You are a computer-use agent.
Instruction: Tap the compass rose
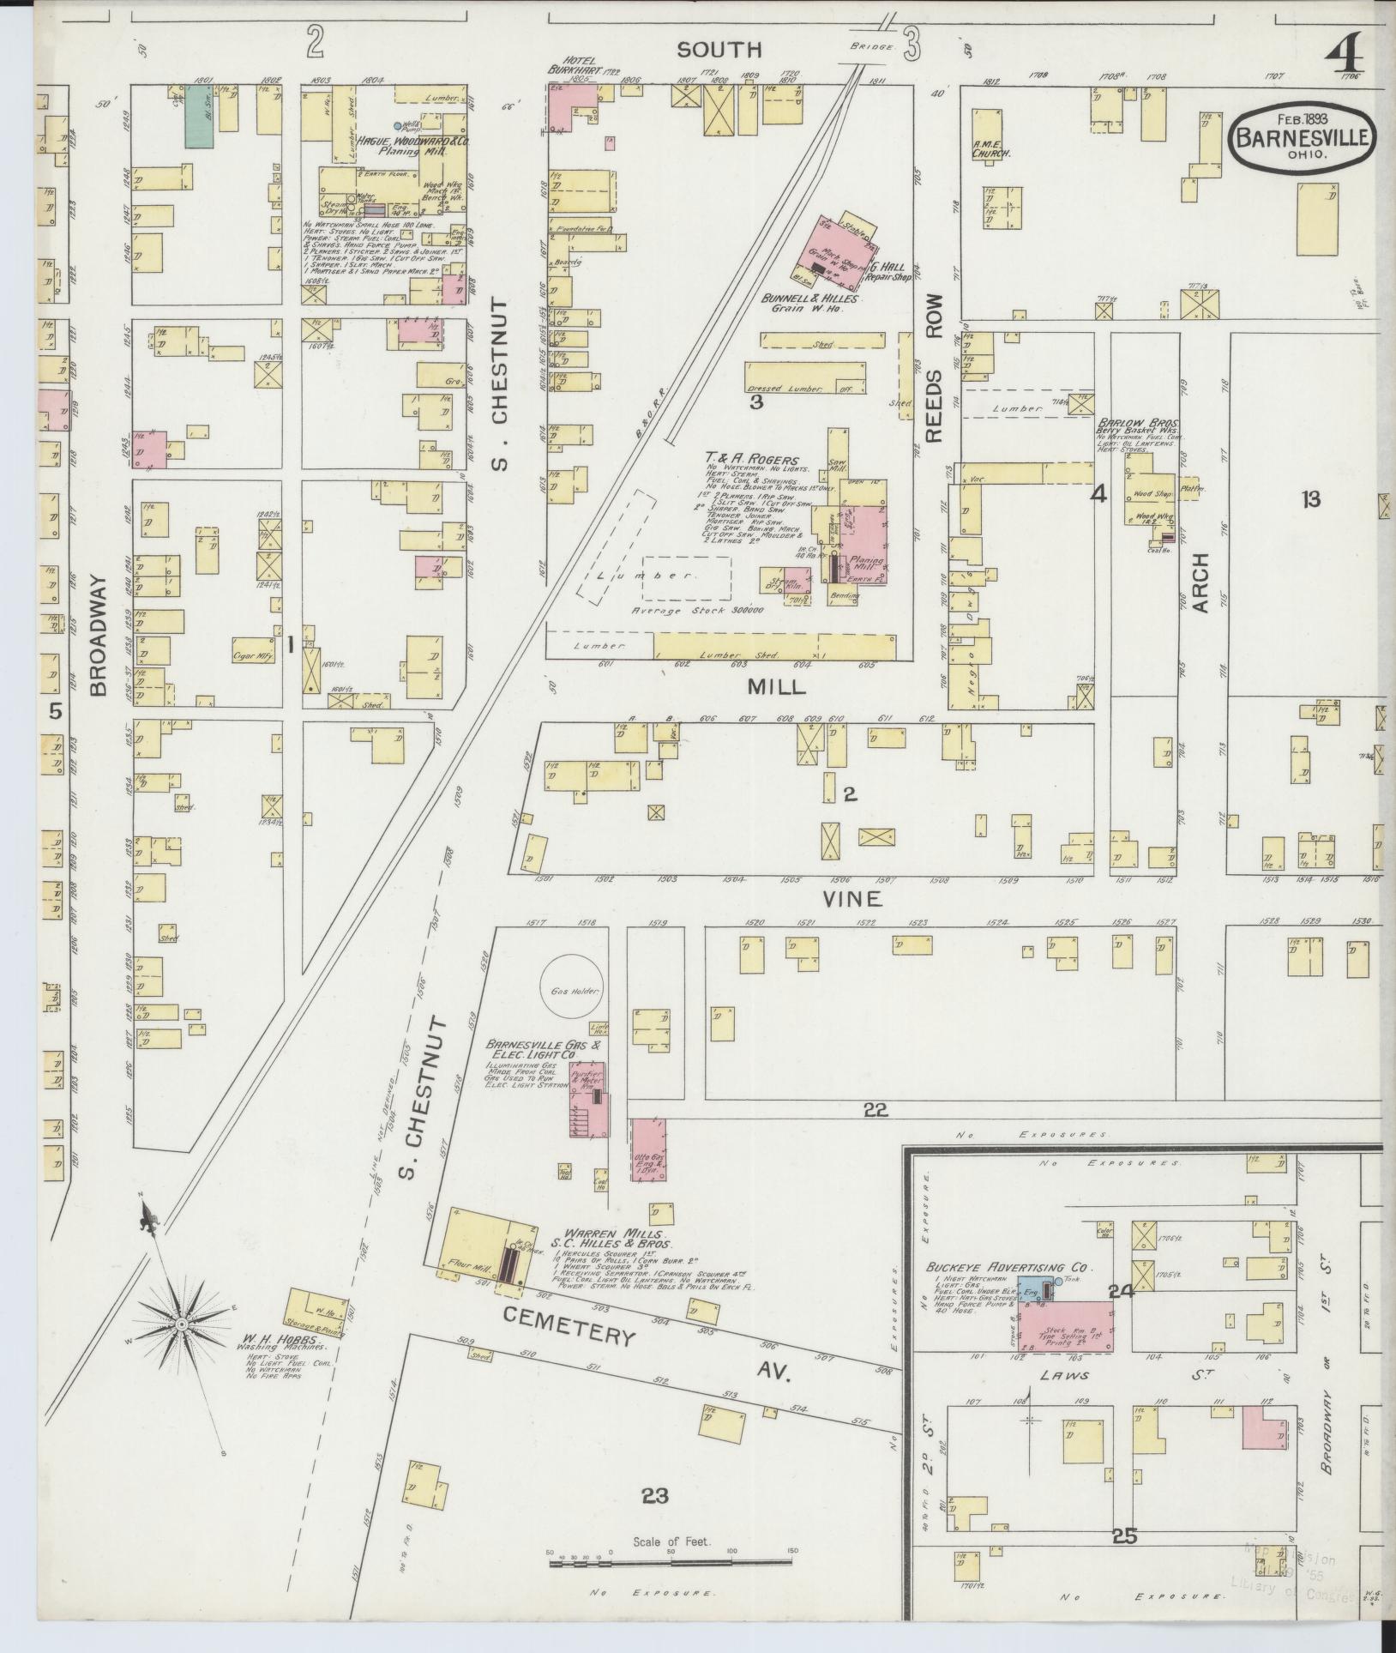(x=182, y=1349)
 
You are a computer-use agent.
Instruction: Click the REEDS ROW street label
(x=933, y=368)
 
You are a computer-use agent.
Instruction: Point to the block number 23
(x=654, y=1496)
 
